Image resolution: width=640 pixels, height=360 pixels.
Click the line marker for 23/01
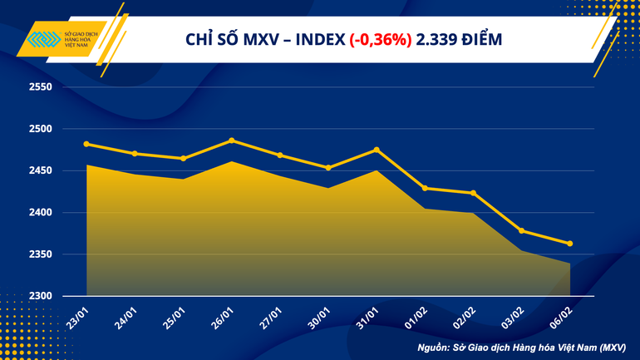click(86, 144)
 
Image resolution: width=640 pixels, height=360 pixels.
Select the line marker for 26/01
click(232, 141)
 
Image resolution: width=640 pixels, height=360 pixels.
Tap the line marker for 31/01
click(377, 150)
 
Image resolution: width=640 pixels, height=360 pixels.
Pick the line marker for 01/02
click(425, 188)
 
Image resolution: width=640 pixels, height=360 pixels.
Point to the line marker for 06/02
click(570, 244)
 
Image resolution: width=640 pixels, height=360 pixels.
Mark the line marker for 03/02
click(522, 230)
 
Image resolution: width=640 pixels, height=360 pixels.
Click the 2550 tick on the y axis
click(40, 87)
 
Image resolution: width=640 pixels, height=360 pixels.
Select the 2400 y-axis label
click(40, 213)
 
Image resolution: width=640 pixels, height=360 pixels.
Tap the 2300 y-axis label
click(40, 296)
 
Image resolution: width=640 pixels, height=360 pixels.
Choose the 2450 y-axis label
click(40, 171)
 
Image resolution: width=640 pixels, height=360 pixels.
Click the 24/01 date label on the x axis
click(124, 317)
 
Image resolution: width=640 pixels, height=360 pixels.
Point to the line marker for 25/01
click(184, 158)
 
